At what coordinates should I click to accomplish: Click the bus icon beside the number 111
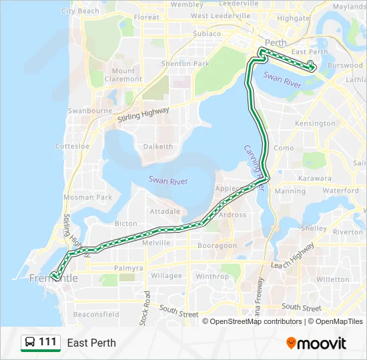pos(30,343)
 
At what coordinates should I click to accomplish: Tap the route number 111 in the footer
pos(47,343)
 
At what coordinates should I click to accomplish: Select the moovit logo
pos(316,343)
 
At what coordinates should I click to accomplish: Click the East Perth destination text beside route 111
pos(91,343)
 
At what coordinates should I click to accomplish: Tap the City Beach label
pos(80,11)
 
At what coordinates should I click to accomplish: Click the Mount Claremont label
pos(123,75)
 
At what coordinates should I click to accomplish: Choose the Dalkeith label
pos(158,147)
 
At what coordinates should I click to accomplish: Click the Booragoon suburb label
pos(217,245)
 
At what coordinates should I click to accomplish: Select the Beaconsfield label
pos(96,314)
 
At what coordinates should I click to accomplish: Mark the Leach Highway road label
pos(293,257)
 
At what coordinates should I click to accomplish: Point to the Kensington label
pos(315,124)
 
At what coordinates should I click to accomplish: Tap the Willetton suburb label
pos(332,279)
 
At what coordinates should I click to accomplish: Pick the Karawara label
pos(315,179)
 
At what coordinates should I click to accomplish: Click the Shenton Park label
pos(186,64)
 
